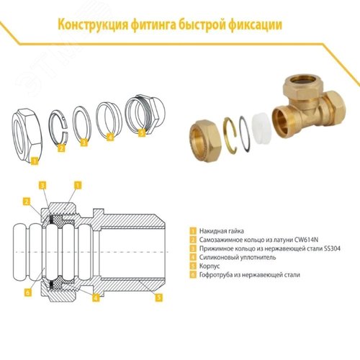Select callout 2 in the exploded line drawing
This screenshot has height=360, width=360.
61,148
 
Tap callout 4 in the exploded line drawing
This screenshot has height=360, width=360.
110,135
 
